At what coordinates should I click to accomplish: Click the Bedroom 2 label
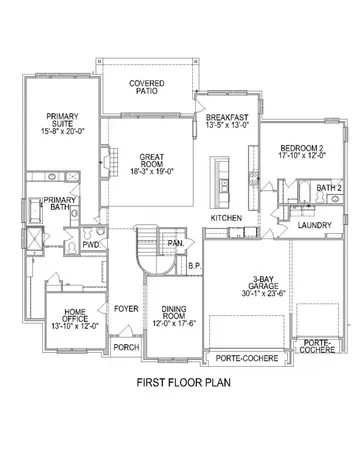[301, 151]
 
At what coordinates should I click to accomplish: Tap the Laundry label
[314, 228]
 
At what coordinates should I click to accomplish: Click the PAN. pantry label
[175, 243]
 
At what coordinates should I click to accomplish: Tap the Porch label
[125, 347]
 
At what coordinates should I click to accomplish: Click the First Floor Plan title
[180, 383]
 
